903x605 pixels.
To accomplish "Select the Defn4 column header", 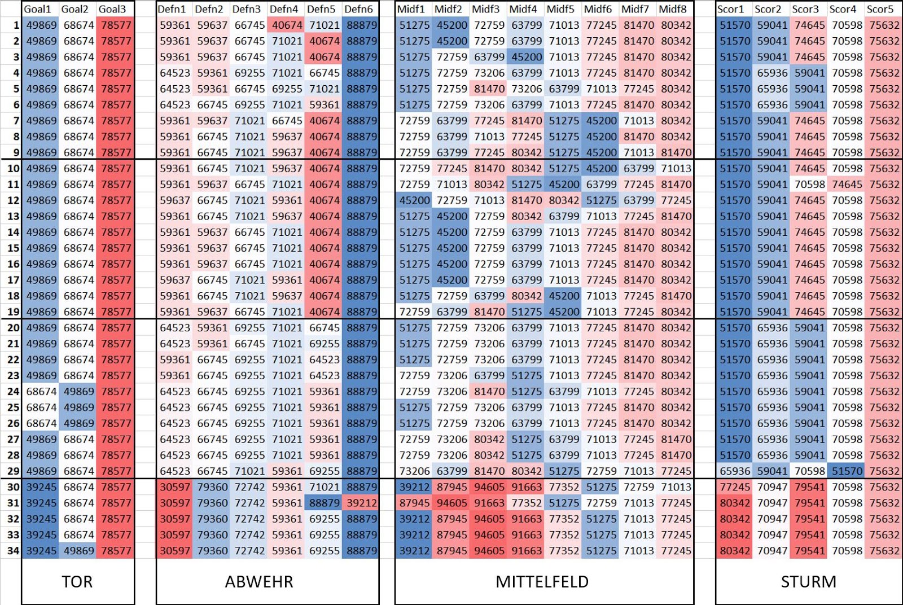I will click(284, 9).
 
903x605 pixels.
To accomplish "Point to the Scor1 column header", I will click(731, 9).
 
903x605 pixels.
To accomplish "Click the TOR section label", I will click(77, 582).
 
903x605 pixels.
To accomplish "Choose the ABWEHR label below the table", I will click(259, 582).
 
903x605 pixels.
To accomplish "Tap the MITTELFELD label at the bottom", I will click(542, 582).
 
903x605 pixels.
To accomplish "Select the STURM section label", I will click(808, 582).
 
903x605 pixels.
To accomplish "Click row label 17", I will click(13, 280).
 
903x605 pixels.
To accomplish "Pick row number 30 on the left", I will click(13, 487).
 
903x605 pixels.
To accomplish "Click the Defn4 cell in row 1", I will click(287, 25).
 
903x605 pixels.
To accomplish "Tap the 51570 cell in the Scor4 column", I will click(847, 471).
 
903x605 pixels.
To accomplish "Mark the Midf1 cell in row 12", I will click(414, 200).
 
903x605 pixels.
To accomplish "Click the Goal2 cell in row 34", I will click(78, 551).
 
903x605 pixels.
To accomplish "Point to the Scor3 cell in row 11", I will click(810, 185).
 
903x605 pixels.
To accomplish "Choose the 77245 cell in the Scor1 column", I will click(735, 487).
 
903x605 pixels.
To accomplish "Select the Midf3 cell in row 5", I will click(489, 89).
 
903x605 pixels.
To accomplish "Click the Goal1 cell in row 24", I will click(41, 392).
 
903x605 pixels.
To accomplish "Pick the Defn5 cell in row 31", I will click(325, 503).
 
